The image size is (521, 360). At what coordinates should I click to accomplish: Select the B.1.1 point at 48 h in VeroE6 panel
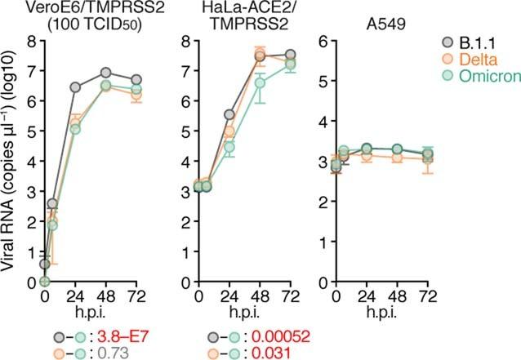tap(105, 73)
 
